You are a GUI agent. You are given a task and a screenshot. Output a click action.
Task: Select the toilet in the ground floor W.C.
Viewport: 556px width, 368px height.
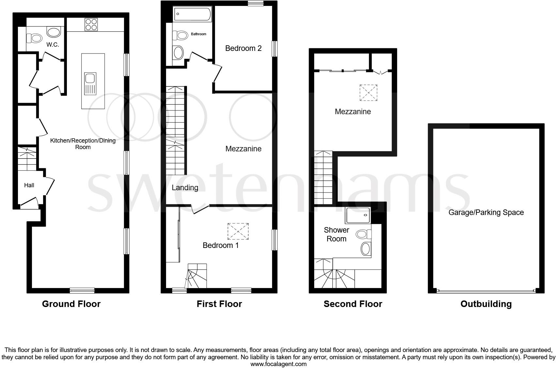click(x=34, y=38)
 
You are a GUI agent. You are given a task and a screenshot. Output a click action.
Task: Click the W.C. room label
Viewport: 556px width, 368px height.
click(x=53, y=45)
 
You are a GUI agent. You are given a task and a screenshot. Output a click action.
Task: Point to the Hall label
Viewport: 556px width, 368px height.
click(x=29, y=185)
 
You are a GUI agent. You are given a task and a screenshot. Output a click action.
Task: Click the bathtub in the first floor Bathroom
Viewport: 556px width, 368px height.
click(x=193, y=14)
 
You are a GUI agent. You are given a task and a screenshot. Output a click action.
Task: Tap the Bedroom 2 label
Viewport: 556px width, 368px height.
click(x=243, y=48)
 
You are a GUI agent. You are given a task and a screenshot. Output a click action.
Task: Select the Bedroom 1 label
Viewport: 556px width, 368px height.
click(x=221, y=245)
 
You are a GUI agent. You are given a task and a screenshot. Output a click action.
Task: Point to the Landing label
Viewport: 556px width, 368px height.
click(x=185, y=188)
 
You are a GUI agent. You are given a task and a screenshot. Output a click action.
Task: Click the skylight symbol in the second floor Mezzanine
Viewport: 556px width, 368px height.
click(x=368, y=93)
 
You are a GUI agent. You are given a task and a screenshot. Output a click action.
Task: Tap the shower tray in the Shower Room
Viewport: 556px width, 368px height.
click(x=358, y=215)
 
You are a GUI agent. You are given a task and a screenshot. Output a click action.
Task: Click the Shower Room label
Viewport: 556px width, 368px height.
click(x=336, y=234)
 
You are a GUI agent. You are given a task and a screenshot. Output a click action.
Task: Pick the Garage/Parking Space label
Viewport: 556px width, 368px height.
click(x=486, y=212)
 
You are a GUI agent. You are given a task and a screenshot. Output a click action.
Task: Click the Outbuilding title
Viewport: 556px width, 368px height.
click(x=486, y=304)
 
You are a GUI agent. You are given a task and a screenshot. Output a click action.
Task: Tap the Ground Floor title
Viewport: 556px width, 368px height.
click(x=71, y=304)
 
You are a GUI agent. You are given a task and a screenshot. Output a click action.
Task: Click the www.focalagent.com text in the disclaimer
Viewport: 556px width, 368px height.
click(x=278, y=364)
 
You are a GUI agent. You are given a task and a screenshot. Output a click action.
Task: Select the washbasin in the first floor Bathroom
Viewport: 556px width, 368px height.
click(x=178, y=52)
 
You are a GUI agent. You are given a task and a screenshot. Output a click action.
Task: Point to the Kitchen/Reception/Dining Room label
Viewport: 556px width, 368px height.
click(x=83, y=144)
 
